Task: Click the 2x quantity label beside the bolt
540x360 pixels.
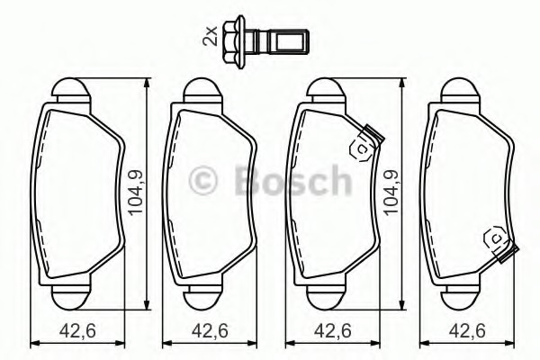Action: pyautogui.click(x=210, y=35)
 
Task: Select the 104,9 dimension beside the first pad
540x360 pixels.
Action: pyautogui.click(x=135, y=193)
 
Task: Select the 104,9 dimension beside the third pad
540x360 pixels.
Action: pyautogui.click(x=391, y=193)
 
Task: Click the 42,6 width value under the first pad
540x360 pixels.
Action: pyautogui.click(x=77, y=331)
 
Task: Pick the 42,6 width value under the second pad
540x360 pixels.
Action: pyautogui.click(x=210, y=331)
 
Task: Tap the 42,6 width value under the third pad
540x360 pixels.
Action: pyautogui.click(x=333, y=331)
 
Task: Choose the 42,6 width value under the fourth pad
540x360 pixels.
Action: pyautogui.click(x=467, y=331)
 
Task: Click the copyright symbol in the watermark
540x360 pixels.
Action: pyautogui.click(x=202, y=181)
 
